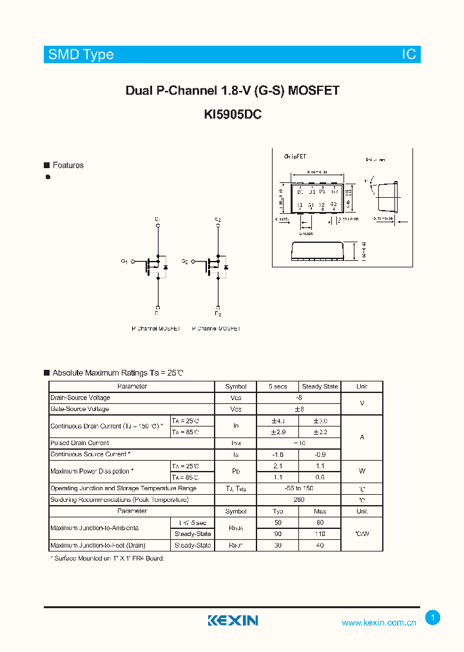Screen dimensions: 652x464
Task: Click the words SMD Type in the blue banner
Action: pos(81,55)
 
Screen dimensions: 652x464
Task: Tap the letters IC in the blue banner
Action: pos(409,55)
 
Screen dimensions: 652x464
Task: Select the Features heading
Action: pos(68,166)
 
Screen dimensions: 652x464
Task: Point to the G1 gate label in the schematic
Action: pos(124,261)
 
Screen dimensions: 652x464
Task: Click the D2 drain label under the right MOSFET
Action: pos(218,314)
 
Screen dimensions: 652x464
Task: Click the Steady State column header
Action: pos(320,387)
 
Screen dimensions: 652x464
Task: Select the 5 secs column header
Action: pos(277,387)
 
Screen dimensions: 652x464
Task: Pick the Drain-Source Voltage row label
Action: pos(80,398)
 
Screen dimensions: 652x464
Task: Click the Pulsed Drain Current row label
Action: pos(79,443)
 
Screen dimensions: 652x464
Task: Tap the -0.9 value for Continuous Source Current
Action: pos(320,454)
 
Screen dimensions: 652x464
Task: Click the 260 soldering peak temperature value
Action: pos(298,499)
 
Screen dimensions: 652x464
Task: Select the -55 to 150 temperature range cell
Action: pos(298,488)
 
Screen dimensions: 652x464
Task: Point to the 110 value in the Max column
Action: pos(320,534)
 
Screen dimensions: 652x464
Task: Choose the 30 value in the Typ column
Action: pos(277,545)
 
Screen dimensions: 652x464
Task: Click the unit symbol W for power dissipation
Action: pos(362,472)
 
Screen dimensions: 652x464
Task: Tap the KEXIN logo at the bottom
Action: pos(233,620)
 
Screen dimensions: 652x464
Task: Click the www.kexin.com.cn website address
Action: pos(378,622)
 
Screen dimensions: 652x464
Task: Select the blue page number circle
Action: pos(433,618)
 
